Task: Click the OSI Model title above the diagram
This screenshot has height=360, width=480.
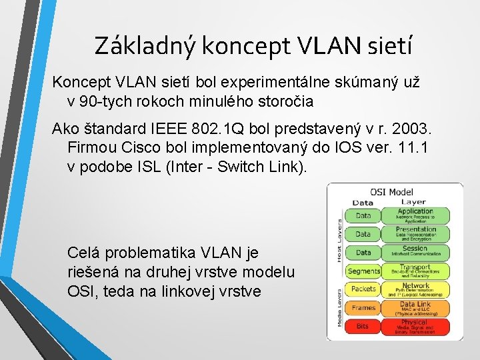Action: point(391,192)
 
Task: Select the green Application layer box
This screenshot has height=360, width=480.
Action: point(415,215)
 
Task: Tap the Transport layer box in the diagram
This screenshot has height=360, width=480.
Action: point(415,270)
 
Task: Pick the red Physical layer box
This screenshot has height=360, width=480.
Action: point(415,325)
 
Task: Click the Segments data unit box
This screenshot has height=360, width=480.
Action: point(363,271)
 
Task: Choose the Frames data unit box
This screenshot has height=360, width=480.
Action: point(363,307)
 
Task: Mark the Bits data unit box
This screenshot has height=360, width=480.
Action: point(363,325)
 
